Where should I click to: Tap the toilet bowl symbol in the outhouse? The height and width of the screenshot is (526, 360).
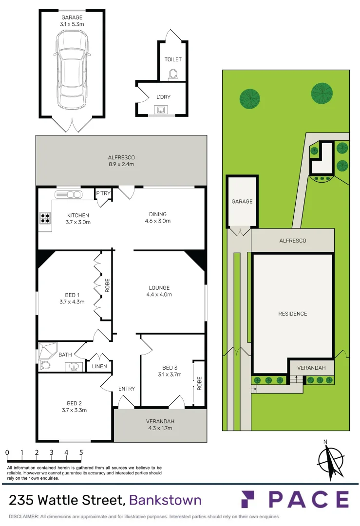click(172, 75)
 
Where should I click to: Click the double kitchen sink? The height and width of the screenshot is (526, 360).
click(69, 195)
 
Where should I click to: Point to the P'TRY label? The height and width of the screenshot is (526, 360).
click(103, 193)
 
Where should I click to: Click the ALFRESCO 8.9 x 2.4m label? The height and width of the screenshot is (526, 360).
click(121, 161)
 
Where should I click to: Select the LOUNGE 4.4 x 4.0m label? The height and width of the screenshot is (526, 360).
click(159, 291)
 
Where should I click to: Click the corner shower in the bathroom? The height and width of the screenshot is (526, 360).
click(48, 349)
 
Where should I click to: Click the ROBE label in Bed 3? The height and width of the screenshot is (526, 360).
click(199, 384)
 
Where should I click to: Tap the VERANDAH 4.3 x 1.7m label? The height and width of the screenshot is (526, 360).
click(160, 425)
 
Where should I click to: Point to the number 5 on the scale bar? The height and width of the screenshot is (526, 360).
click(81, 452)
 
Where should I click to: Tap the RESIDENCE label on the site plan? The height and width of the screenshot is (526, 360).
click(292, 314)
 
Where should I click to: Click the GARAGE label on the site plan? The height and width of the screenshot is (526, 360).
click(242, 201)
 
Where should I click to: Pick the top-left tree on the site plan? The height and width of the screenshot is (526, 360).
click(250, 98)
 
